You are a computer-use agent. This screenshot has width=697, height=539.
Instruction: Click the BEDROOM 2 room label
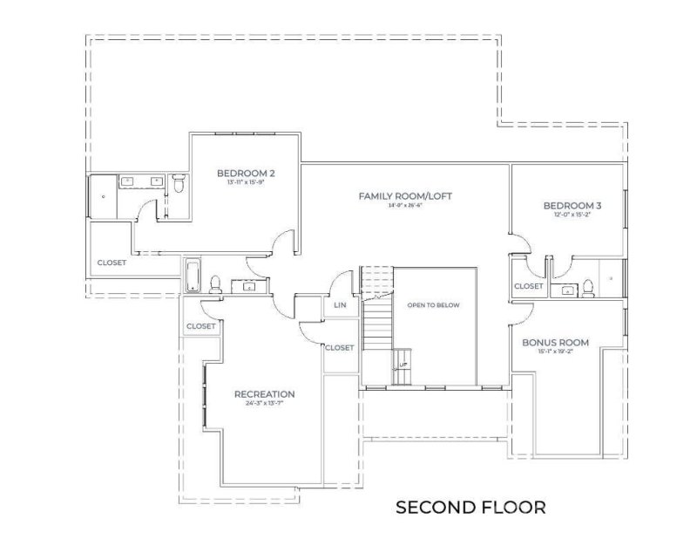point(240,174)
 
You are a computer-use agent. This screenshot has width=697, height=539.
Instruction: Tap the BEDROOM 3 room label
point(572,206)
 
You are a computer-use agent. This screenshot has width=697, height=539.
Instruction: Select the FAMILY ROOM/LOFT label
point(406,196)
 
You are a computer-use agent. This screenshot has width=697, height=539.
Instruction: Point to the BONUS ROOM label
point(555,343)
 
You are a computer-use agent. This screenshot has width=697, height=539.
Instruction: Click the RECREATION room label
point(264,394)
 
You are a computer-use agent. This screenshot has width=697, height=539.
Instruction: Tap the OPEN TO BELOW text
point(433,306)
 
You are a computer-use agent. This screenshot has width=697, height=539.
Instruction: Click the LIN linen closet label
point(339,306)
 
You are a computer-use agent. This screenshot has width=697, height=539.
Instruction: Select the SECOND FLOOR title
point(470,508)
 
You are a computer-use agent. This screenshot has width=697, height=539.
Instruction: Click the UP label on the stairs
point(403,365)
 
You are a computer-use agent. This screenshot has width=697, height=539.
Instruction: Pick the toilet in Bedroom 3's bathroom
point(588,287)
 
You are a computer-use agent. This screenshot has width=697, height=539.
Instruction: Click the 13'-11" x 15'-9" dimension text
point(240,183)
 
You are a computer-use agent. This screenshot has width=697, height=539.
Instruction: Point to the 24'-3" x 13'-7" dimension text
point(264,404)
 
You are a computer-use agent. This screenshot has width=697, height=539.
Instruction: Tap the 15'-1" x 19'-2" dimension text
point(555,352)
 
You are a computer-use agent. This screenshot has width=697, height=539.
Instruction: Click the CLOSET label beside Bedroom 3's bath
point(528,286)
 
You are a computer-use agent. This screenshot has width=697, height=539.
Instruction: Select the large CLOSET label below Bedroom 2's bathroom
point(112,262)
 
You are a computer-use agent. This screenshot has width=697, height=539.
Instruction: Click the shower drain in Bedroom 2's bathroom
point(104,197)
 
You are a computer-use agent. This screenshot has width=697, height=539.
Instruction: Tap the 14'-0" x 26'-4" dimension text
point(406,206)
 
